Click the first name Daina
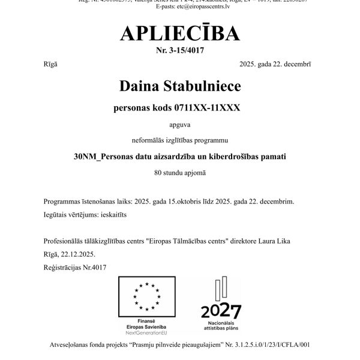[x=142, y=87]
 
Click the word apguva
[x=179, y=125]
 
